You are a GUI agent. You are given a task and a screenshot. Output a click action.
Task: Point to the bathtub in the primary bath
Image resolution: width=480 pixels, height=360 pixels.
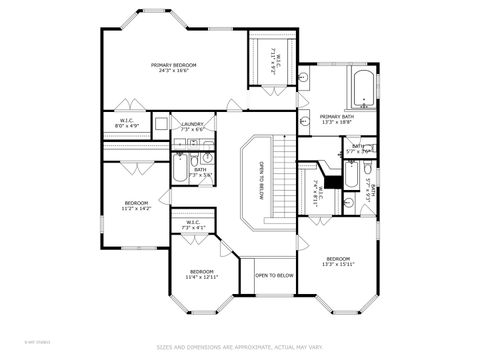tap(359, 89)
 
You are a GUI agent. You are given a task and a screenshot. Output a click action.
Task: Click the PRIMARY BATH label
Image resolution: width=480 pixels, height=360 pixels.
tap(336, 117)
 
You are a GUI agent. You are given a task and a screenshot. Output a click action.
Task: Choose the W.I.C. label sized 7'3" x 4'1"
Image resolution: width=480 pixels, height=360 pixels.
tap(193, 223)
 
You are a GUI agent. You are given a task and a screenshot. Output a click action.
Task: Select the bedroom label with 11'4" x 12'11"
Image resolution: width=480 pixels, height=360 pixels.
tap(202, 271)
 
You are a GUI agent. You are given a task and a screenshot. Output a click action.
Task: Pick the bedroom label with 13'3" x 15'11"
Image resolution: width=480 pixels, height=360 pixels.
tap(341, 260)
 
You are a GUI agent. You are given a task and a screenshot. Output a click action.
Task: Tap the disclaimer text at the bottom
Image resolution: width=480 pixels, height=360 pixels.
tap(240, 347)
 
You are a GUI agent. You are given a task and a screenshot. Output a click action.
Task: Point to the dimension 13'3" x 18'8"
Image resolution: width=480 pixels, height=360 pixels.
tap(336, 123)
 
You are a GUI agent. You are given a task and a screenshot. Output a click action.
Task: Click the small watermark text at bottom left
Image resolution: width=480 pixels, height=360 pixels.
tap(15, 346)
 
